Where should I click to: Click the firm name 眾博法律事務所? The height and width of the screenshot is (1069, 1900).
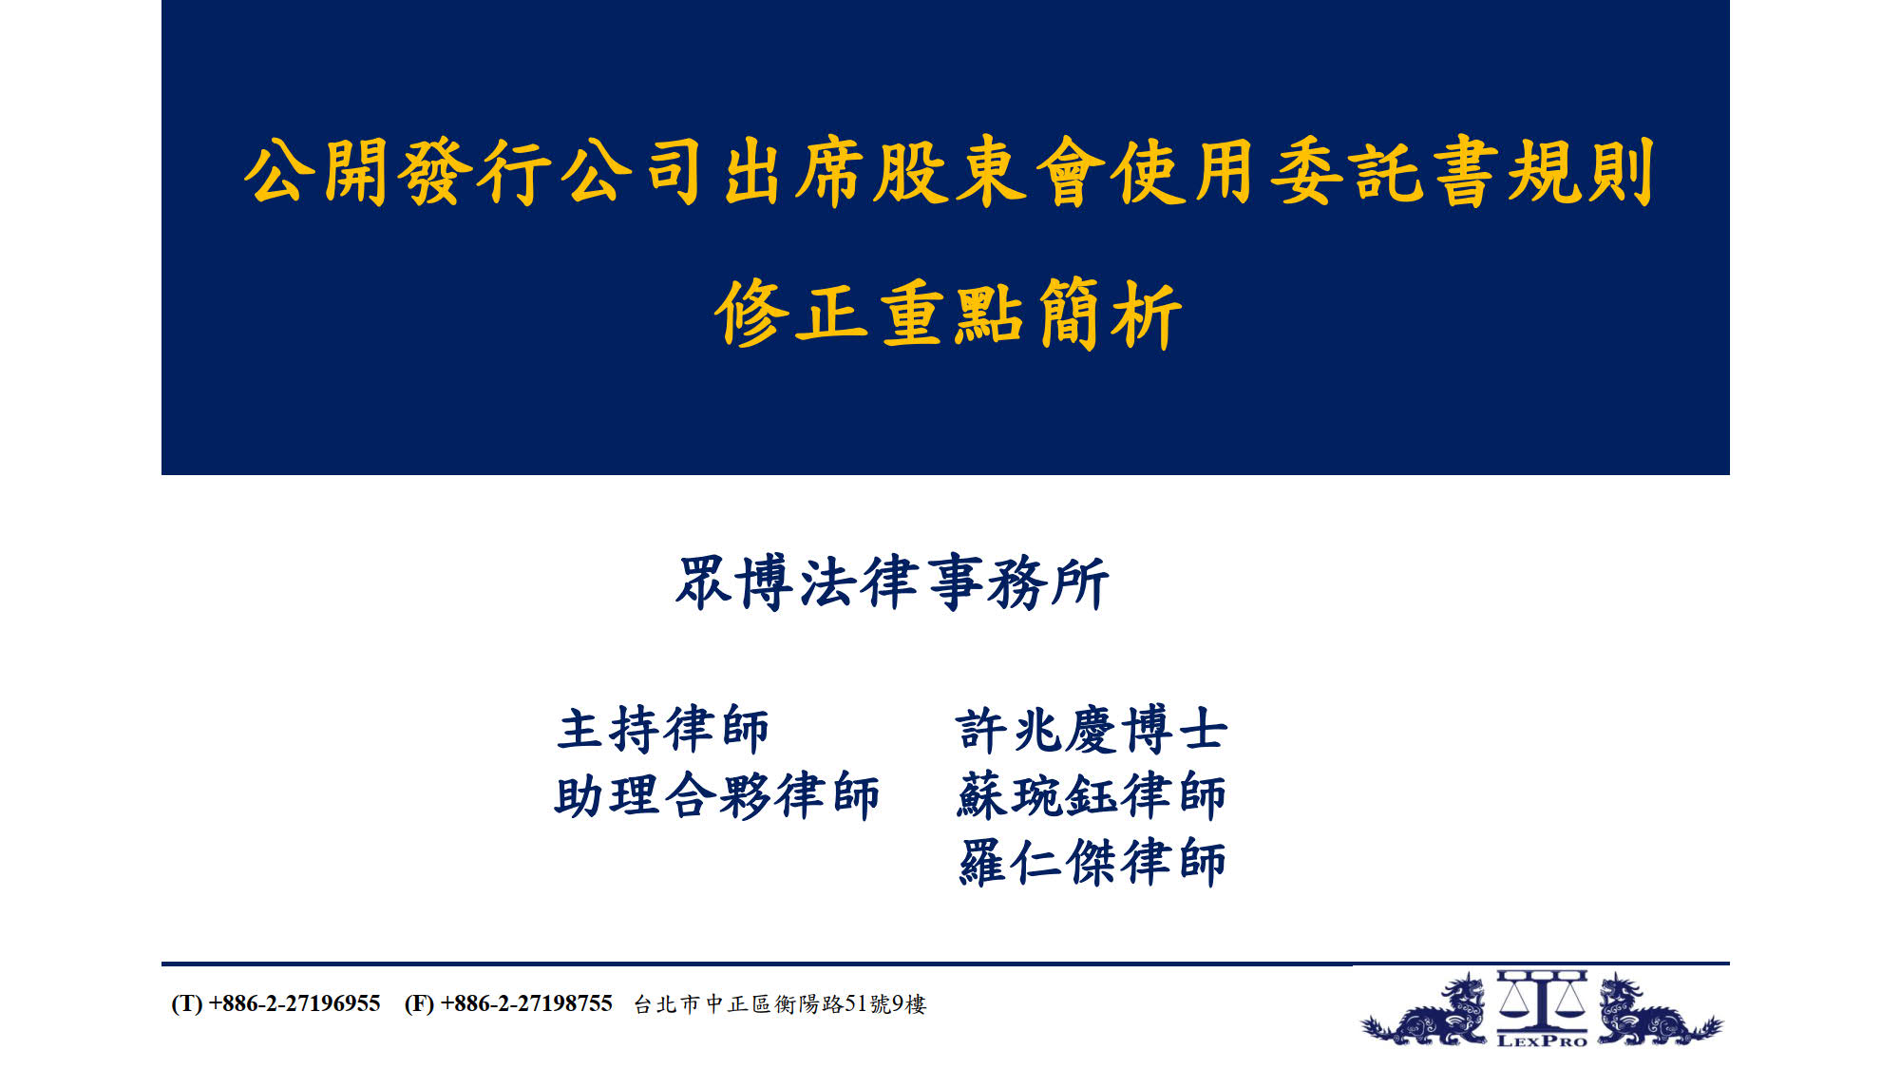tap(892, 582)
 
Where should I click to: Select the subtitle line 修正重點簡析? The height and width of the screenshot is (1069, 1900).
tap(948, 314)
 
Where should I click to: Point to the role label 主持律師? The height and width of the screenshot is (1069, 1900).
tap(663, 730)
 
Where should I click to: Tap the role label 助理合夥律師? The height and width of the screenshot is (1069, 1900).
tap(717, 795)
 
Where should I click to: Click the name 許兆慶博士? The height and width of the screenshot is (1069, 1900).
tap(1092, 730)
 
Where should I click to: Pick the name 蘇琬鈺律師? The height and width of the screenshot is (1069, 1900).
tap(1092, 795)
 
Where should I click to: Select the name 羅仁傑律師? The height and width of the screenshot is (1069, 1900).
tap(1092, 862)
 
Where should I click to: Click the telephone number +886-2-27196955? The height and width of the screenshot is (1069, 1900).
tap(294, 1003)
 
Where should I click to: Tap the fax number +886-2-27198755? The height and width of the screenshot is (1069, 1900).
tap(526, 1003)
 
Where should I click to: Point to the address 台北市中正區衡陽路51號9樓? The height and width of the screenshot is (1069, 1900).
tap(780, 1004)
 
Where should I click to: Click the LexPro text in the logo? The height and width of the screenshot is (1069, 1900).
tap(1542, 1040)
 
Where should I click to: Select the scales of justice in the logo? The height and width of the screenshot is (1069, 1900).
tap(1542, 1002)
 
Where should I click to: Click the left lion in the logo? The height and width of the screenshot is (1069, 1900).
tap(1425, 1012)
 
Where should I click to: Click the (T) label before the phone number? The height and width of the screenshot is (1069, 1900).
tap(186, 1003)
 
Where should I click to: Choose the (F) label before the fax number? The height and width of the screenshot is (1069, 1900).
tap(419, 1003)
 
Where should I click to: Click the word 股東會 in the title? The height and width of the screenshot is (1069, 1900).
tap(989, 172)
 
